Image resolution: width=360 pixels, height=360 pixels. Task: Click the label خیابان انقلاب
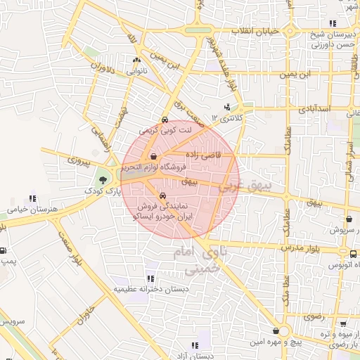(x=257, y=32)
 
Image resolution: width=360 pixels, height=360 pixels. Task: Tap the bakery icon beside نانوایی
(x=136, y=60)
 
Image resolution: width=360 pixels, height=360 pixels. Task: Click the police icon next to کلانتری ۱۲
(x=226, y=108)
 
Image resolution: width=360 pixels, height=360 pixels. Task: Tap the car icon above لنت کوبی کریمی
(x=164, y=120)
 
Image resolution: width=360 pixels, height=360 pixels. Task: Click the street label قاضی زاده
(x=203, y=153)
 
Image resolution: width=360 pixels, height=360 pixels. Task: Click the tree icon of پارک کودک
(x=103, y=180)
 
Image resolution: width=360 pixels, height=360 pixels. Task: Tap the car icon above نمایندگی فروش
(x=163, y=196)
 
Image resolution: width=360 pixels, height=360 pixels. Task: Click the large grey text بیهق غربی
(x=247, y=188)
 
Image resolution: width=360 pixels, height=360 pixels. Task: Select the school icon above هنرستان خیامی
(x=31, y=199)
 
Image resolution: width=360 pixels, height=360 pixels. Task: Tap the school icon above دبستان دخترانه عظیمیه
(x=149, y=278)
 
